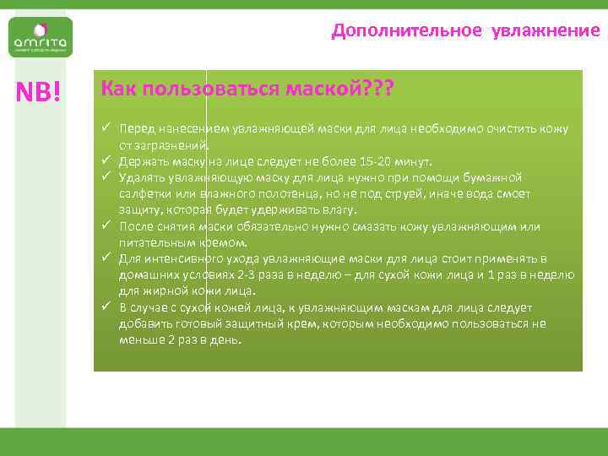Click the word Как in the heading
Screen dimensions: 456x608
pyautogui.click(x=119, y=89)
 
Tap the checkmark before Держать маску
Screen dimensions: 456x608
pyautogui.click(x=107, y=160)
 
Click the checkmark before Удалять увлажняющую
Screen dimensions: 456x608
pyautogui.click(x=107, y=176)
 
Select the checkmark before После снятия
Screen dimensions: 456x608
pyautogui.click(x=107, y=225)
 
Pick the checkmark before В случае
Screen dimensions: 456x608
pyautogui.click(x=107, y=307)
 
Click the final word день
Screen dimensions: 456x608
pyautogui.click(x=227, y=340)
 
